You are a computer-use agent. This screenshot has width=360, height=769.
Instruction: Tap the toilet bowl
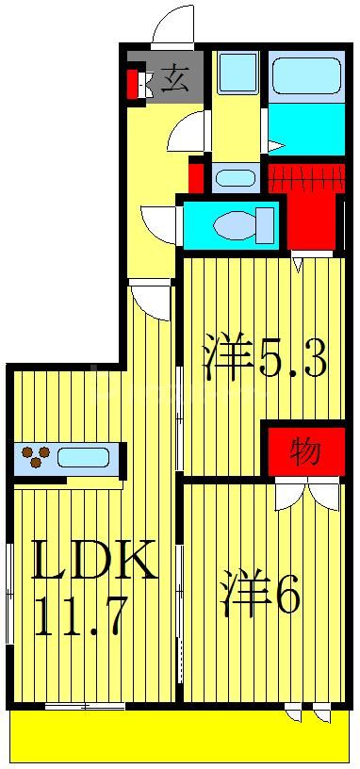pos(236,225)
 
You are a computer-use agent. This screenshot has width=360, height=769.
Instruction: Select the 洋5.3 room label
pos(266,359)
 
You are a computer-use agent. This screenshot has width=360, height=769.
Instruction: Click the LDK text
pos(94,563)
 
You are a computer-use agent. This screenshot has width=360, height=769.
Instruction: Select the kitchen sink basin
pos(82,458)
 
